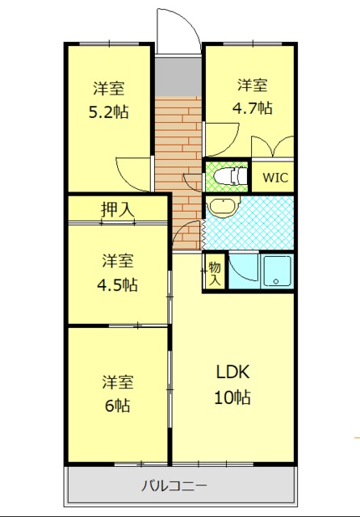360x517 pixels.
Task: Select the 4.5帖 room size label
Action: [119, 284]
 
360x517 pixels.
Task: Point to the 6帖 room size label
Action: [118, 405]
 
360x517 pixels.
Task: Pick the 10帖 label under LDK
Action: [232, 397]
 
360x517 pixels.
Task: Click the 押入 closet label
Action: [118, 209]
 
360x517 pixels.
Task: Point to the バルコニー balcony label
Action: [174, 485]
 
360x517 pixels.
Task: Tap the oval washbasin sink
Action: [220, 208]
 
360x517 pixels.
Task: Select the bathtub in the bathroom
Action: [278, 271]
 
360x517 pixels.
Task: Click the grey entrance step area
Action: [178, 78]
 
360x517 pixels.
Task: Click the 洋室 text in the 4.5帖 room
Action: [118, 261]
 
